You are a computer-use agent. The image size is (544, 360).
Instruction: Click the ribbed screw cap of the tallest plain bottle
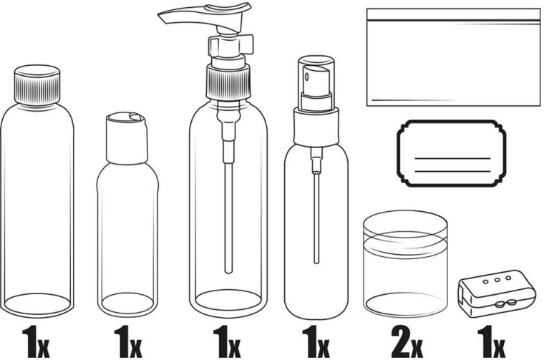(39, 86)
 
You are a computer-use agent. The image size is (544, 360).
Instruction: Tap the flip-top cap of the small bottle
(127, 136)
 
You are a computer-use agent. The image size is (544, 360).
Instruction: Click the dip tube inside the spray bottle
(315, 215)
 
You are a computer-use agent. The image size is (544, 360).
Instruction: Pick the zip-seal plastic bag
(453, 57)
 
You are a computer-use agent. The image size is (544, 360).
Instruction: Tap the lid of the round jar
(406, 228)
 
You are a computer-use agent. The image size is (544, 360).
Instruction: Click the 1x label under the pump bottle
(227, 341)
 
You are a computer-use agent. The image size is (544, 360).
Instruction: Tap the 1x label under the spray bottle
(314, 341)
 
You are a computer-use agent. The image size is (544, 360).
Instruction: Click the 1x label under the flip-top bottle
(127, 341)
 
